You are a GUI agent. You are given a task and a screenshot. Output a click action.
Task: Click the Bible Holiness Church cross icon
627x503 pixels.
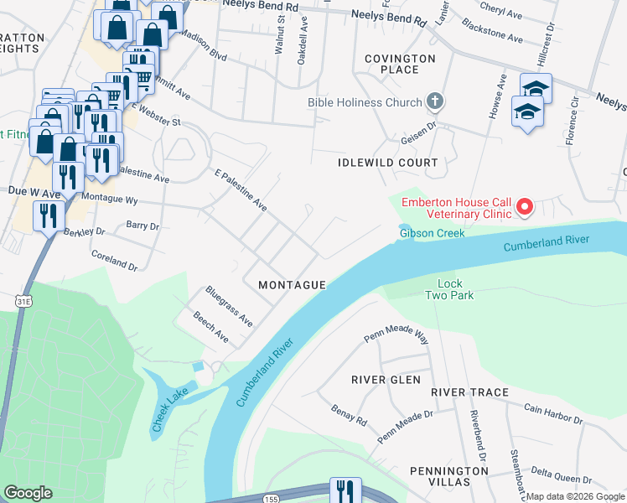point(434,102)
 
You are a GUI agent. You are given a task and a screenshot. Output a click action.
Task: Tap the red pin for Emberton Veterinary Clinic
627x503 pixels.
point(525,205)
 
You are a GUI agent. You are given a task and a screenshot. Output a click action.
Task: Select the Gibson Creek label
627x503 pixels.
point(432,232)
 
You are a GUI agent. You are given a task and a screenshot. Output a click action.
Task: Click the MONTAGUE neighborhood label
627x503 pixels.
point(292,285)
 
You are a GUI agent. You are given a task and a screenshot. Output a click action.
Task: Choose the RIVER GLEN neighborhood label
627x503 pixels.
point(386,380)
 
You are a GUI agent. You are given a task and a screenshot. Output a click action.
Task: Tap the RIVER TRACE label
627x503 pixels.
point(469,392)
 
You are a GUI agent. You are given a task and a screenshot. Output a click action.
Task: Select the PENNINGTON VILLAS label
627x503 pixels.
point(449,477)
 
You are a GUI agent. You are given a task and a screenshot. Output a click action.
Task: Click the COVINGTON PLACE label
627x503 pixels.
point(399,64)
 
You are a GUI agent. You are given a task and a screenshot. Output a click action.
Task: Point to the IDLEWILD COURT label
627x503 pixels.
point(387,162)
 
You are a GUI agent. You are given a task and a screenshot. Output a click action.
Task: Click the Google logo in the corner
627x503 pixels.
point(28,493)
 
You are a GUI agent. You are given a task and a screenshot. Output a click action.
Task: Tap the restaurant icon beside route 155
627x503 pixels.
point(345,490)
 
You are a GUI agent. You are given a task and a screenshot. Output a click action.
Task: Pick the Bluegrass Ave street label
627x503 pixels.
point(229,307)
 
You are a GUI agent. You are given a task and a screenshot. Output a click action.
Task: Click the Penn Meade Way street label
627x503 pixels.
point(396,335)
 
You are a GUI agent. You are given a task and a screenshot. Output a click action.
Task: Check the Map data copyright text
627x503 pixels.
point(575,497)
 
